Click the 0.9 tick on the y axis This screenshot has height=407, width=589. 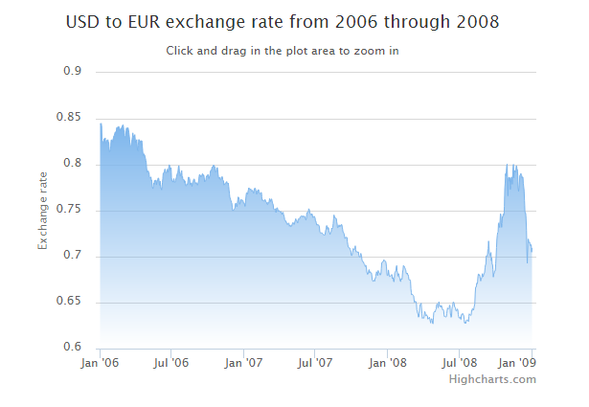(x=73, y=72)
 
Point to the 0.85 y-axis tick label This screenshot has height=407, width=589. (x=70, y=118)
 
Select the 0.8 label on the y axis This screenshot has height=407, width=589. (x=73, y=164)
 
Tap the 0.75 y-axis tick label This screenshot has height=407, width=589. (x=70, y=210)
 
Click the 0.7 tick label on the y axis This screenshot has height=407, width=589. (x=73, y=256)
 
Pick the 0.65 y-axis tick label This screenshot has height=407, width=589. (x=70, y=302)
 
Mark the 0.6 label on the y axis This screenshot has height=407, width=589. (x=73, y=348)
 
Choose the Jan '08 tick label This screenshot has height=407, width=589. (x=389, y=363)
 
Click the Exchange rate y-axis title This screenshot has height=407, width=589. (x=42, y=210)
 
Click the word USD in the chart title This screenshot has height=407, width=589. (x=83, y=21)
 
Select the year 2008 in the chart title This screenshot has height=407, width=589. (x=477, y=21)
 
